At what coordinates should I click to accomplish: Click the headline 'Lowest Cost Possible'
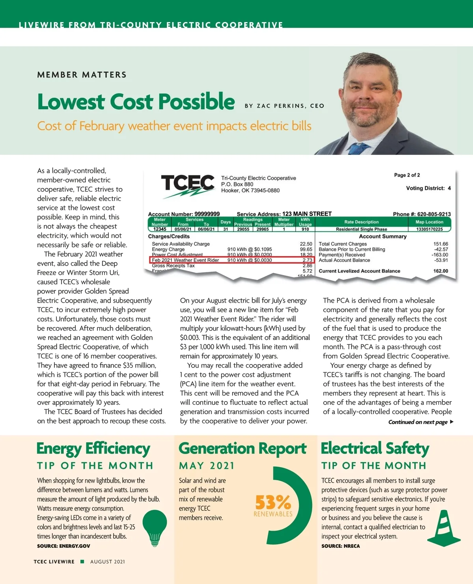click(136, 102)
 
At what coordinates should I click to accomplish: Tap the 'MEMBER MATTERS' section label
click(82, 75)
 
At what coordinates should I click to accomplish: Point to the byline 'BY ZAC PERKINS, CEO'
click(284, 106)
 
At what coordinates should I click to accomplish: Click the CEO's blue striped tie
click(359, 149)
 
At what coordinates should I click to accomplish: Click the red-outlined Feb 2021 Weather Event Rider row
click(232, 260)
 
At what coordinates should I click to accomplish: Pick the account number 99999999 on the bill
click(207, 214)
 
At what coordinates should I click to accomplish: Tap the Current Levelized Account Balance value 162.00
click(440, 271)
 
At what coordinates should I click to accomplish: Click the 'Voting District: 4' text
click(428, 188)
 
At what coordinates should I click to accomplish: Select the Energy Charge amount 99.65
click(306, 249)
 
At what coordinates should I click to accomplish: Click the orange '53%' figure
click(273, 502)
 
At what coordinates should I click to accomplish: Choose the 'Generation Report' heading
click(242, 448)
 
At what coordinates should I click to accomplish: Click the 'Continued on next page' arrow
click(452, 422)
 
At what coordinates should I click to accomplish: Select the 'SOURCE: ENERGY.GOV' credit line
click(63, 546)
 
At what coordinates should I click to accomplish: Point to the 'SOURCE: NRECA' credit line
click(341, 546)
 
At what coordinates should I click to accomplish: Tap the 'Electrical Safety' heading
click(375, 448)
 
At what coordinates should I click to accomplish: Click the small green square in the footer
click(82, 562)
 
